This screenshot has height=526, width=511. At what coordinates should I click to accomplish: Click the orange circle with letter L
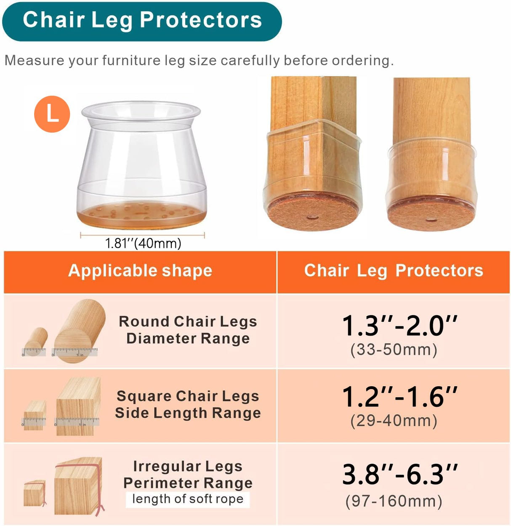tap(52, 114)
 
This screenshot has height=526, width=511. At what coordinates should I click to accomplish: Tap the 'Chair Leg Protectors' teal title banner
tap(142, 21)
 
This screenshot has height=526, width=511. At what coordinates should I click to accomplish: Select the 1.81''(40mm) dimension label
tap(143, 243)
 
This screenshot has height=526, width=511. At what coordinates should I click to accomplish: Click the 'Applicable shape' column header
tap(140, 271)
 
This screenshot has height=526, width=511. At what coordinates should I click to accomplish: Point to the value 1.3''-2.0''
tap(399, 326)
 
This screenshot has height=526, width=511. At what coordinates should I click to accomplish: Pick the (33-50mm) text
tap(394, 350)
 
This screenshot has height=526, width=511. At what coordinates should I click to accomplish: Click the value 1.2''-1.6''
tap(399, 397)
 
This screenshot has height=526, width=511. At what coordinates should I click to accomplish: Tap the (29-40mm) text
tap(394, 421)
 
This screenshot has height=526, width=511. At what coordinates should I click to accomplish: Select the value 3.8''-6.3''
tap(399, 475)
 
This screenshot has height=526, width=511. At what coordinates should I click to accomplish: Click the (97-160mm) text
tap(394, 501)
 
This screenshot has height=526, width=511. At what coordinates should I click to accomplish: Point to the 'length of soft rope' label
tap(188, 499)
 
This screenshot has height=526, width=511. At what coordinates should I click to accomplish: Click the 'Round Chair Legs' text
tap(188, 322)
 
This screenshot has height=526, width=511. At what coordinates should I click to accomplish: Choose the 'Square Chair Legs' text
tap(188, 396)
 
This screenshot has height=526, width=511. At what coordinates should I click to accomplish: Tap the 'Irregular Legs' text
tap(188, 466)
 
